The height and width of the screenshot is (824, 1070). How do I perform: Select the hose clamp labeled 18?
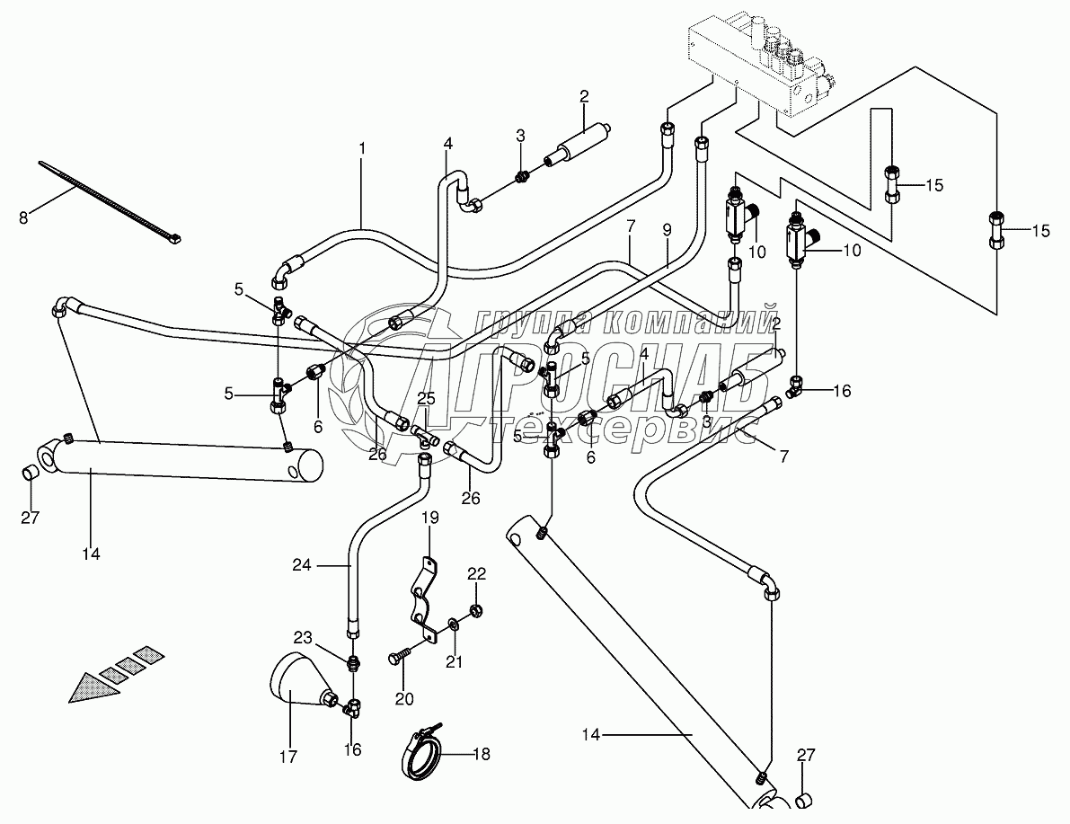[422, 749]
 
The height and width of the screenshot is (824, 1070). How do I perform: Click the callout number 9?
[666, 229]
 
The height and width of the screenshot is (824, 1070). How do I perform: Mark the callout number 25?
[426, 398]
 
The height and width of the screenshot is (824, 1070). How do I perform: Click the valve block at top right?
[764, 63]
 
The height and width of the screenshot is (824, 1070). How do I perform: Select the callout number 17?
[287, 757]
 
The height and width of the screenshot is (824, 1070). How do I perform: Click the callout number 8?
[24, 217]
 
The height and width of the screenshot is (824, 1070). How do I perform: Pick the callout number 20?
[403, 699]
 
